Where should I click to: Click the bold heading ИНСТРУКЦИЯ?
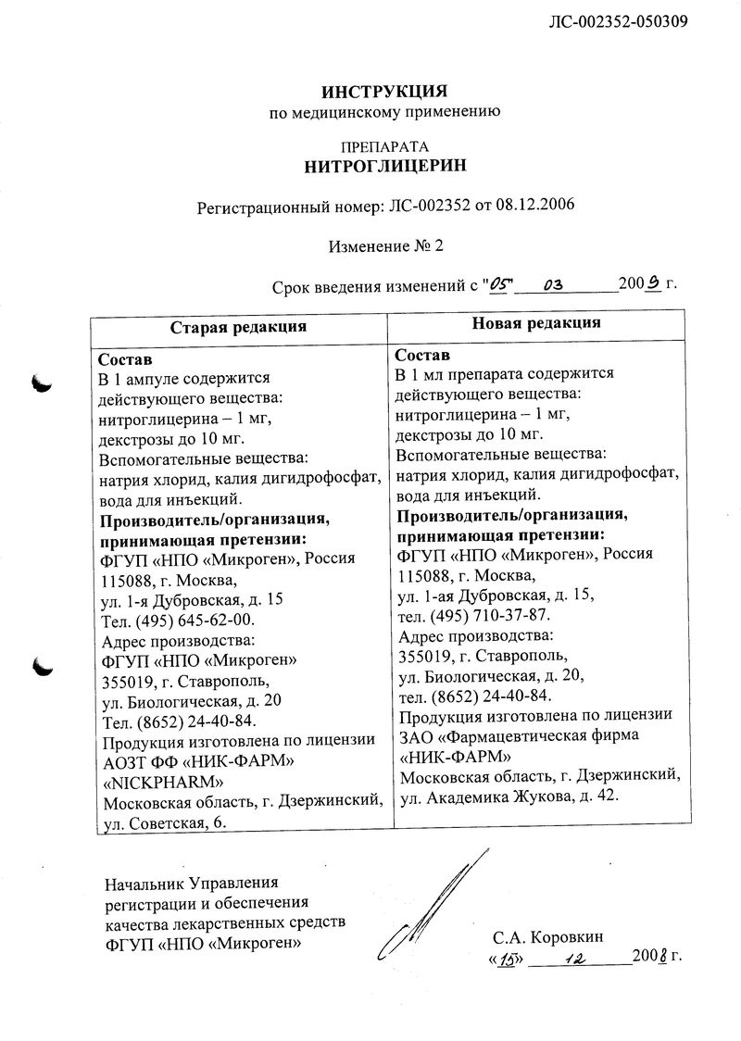384,92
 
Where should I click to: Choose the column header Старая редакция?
238,326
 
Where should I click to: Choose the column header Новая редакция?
536,323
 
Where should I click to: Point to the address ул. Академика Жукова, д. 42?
508,796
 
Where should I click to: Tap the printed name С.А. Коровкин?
549,936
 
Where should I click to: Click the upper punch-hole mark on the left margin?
42,379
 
